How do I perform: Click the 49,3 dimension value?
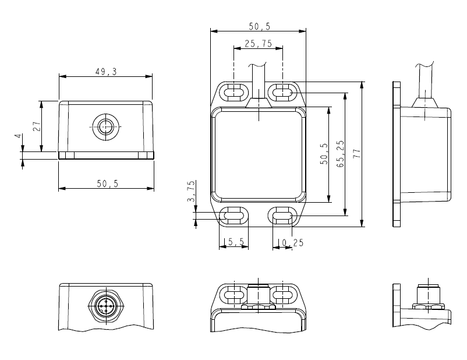[105, 71]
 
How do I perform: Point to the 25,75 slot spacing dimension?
[258, 43]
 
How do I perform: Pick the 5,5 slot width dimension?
[235, 242]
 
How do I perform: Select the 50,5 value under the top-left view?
[107, 183]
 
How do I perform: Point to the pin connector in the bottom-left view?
[105, 306]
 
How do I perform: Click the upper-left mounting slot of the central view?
[233, 91]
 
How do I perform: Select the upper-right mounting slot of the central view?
[282, 91]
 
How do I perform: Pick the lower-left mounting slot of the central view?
[233, 217]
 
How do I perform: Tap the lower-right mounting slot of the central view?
[282, 217]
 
